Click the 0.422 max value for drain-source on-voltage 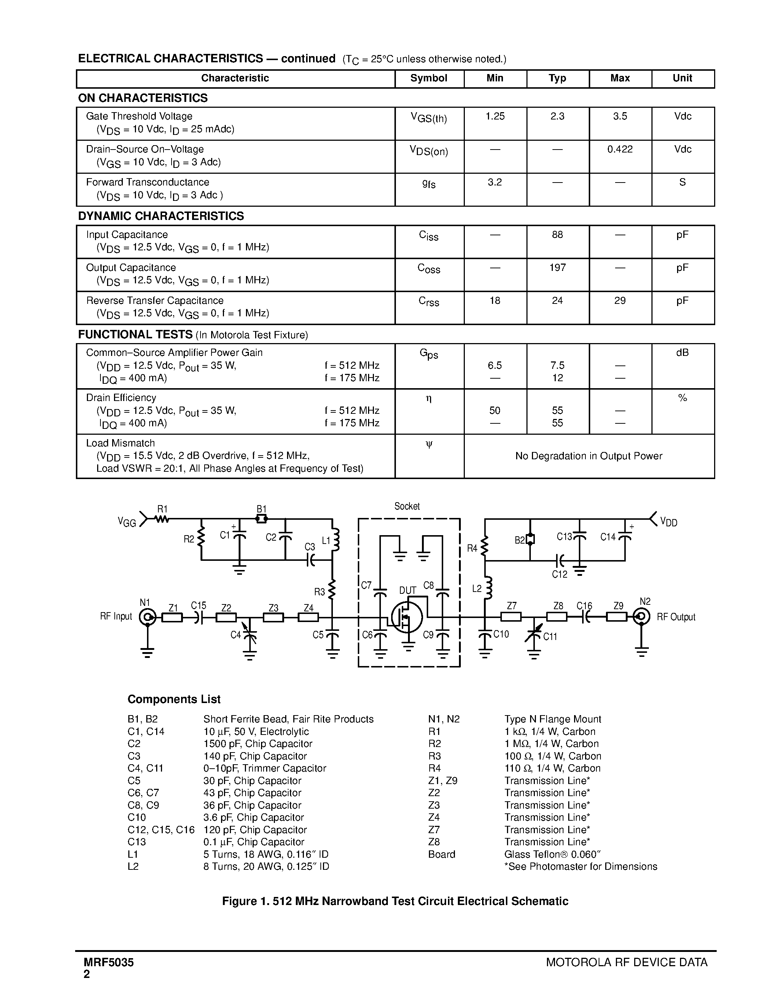[x=620, y=150]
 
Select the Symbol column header [x=429, y=78]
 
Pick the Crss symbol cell [x=429, y=301]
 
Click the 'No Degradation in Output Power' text [x=588, y=456]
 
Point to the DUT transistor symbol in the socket [x=407, y=617]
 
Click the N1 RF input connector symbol [x=148, y=617]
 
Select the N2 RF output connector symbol [x=642, y=616]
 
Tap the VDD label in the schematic [x=669, y=522]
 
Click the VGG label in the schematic [x=126, y=522]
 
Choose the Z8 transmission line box [x=557, y=617]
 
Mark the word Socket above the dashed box [x=407, y=506]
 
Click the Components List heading [x=174, y=699]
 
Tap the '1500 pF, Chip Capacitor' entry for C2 [x=257, y=744]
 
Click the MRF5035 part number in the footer [x=109, y=962]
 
